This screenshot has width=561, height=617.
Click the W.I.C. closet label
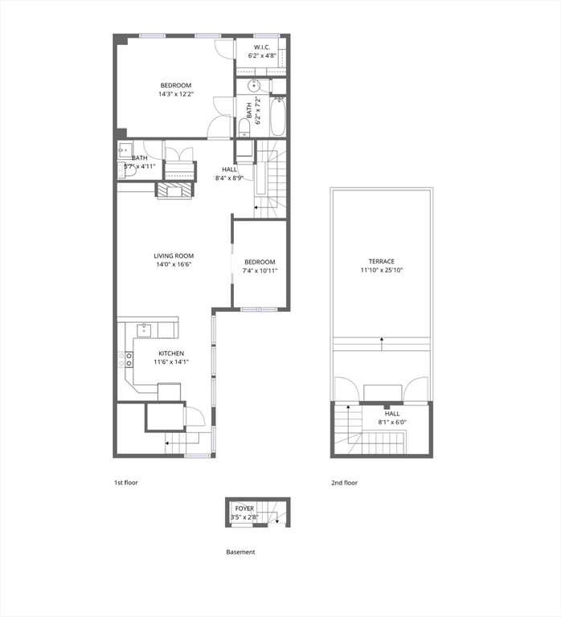262,47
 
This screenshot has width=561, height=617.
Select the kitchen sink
145,329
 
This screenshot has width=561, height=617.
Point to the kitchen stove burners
126,360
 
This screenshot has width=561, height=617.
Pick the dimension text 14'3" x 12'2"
175,95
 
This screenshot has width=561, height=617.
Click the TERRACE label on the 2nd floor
382,262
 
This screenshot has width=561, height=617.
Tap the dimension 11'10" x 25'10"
382,272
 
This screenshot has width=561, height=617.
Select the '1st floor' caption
126,483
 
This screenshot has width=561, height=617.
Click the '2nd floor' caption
344,483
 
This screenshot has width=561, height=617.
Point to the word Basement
240,552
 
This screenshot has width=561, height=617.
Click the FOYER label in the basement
244,509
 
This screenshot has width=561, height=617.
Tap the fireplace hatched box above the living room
174,190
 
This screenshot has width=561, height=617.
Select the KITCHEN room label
171,353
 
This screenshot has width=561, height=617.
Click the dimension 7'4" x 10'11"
260,272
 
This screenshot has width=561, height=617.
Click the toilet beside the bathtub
244,127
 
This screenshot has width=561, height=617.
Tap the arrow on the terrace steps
381,341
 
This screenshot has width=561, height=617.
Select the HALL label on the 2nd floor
391,413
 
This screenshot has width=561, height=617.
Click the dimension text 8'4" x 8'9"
230,178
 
